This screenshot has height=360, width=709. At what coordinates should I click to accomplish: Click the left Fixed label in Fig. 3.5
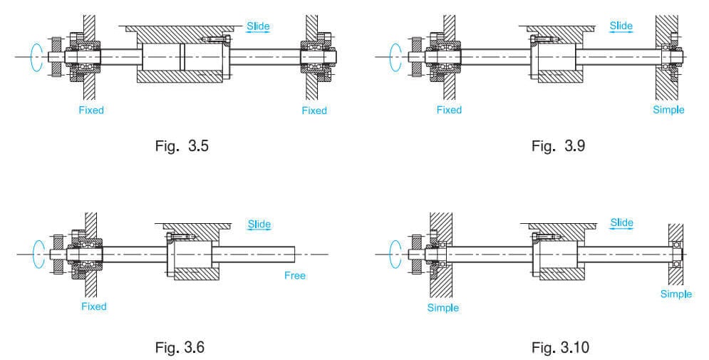point(91,110)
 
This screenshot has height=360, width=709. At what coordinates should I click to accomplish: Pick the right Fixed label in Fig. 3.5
point(314,110)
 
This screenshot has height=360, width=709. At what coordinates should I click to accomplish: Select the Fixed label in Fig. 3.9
point(449,110)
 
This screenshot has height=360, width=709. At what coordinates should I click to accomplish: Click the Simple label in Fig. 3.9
point(668,110)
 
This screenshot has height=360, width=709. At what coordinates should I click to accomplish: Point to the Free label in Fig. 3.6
point(294,275)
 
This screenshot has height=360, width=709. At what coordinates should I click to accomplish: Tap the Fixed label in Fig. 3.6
point(93,307)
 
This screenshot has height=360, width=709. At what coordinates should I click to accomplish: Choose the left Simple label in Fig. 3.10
point(443,308)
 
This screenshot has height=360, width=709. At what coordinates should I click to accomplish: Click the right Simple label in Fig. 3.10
point(676,294)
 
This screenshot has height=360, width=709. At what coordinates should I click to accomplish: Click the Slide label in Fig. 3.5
point(258,26)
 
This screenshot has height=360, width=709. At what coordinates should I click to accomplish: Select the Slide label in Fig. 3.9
point(621,26)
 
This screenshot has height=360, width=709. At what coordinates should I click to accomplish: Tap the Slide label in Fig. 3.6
point(259,225)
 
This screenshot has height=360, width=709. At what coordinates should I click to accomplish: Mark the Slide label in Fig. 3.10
point(621,223)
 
